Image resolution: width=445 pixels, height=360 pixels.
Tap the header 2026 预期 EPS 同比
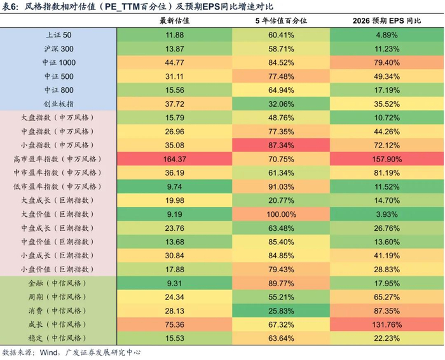(x=387, y=21)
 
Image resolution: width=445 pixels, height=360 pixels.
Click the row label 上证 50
(x=59, y=35)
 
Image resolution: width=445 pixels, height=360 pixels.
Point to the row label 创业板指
(x=59, y=104)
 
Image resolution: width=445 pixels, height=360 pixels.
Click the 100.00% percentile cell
(x=280, y=214)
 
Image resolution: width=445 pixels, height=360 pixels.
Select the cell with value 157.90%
(x=387, y=158)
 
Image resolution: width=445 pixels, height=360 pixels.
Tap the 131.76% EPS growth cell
(x=387, y=323)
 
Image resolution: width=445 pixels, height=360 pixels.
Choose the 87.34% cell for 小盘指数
(x=280, y=145)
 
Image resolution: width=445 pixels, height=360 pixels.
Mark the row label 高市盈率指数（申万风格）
(x=58, y=158)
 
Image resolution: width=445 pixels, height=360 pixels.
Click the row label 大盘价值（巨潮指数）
(x=58, y=214)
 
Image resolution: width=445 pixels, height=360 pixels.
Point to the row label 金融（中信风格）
(x=58, y=282)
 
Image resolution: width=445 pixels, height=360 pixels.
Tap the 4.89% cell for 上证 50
(x=387, y=35)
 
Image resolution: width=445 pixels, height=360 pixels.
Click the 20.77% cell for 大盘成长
(x=280, y=200)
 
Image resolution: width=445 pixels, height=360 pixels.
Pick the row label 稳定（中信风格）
(x=58, y=337)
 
